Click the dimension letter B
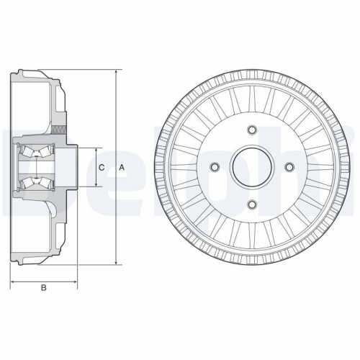[43, 289]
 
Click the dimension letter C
[102, 168]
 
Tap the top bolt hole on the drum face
[251, 130]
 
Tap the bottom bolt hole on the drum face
[251, 205]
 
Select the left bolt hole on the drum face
[214, 168]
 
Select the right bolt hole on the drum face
[289, 168]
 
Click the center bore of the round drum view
[251, 168]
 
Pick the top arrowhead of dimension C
[95, 149]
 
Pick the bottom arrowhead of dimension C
[95, 186]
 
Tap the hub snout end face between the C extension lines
[76, 168]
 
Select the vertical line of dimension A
[115, 216]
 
